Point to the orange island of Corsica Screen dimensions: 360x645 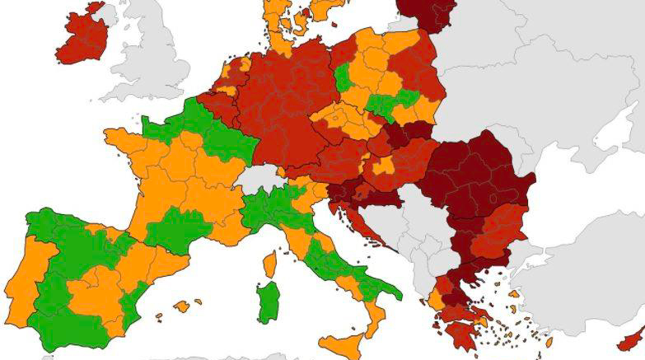pyautogui.click(x=269, y=264)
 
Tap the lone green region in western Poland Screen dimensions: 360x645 pyautogui.click(x=344, y=77)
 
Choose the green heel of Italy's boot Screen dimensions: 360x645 pyautogui.click(x=393, y=291)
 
